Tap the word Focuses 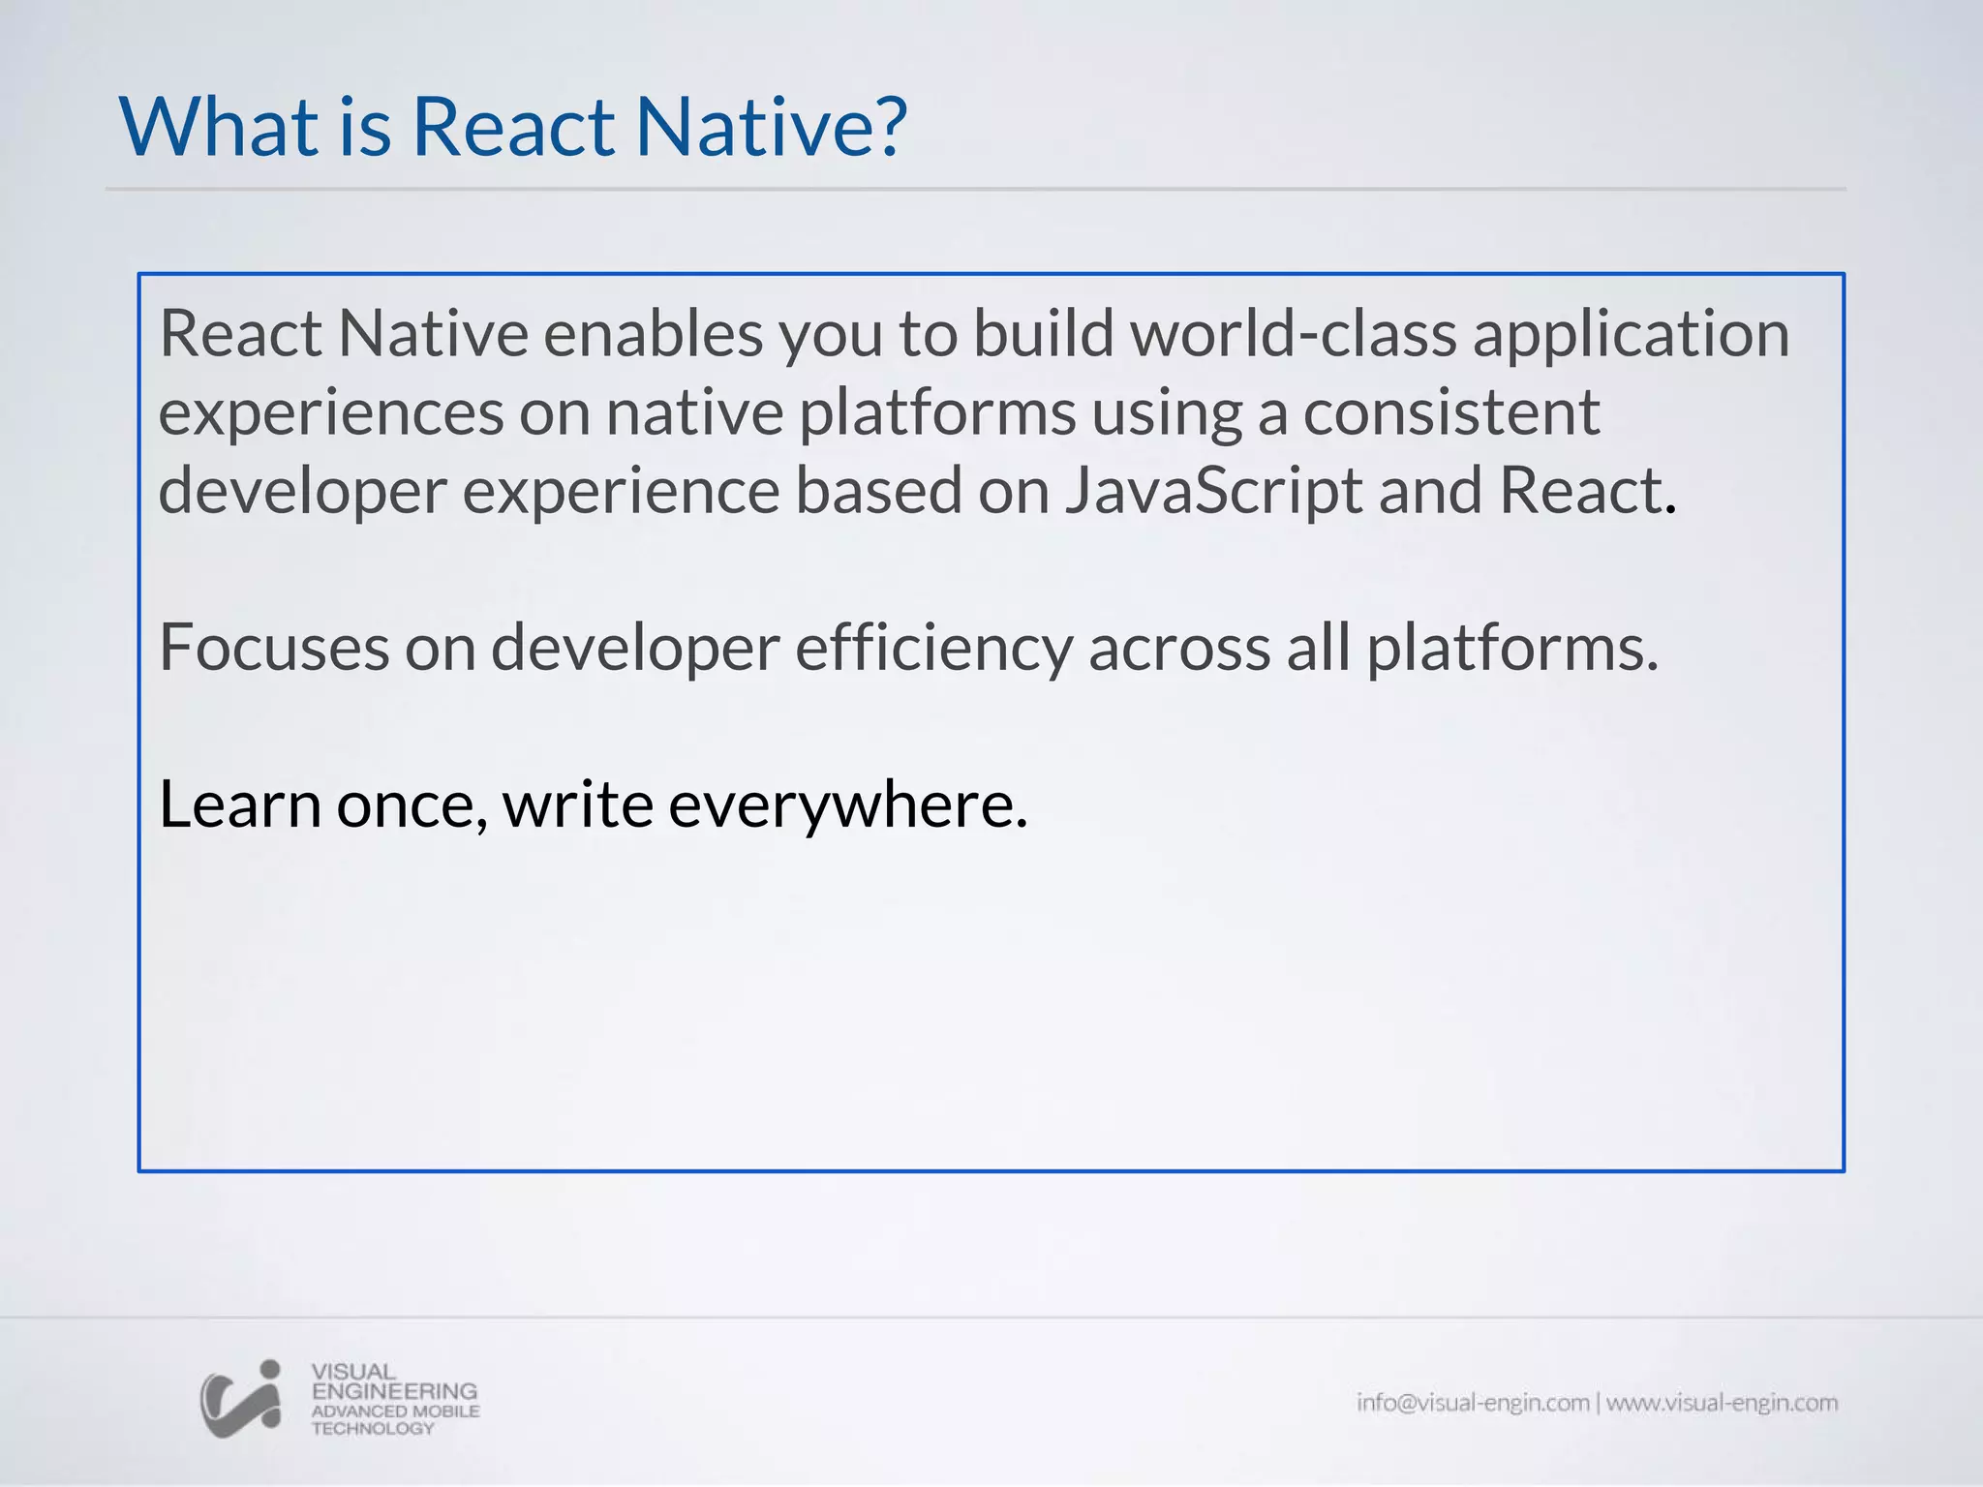[x=273, y=648]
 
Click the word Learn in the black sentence [x=239, y=804]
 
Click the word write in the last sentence [x=578, y=804]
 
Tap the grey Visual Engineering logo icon [x=241, y=1399]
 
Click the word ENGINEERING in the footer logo [x=394, y=1391]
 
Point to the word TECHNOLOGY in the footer [x=373, y=1429]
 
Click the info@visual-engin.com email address [x=1472, y=1403]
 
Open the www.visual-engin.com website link [x=1722, y=1403]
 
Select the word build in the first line [x=1043, y=334]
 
